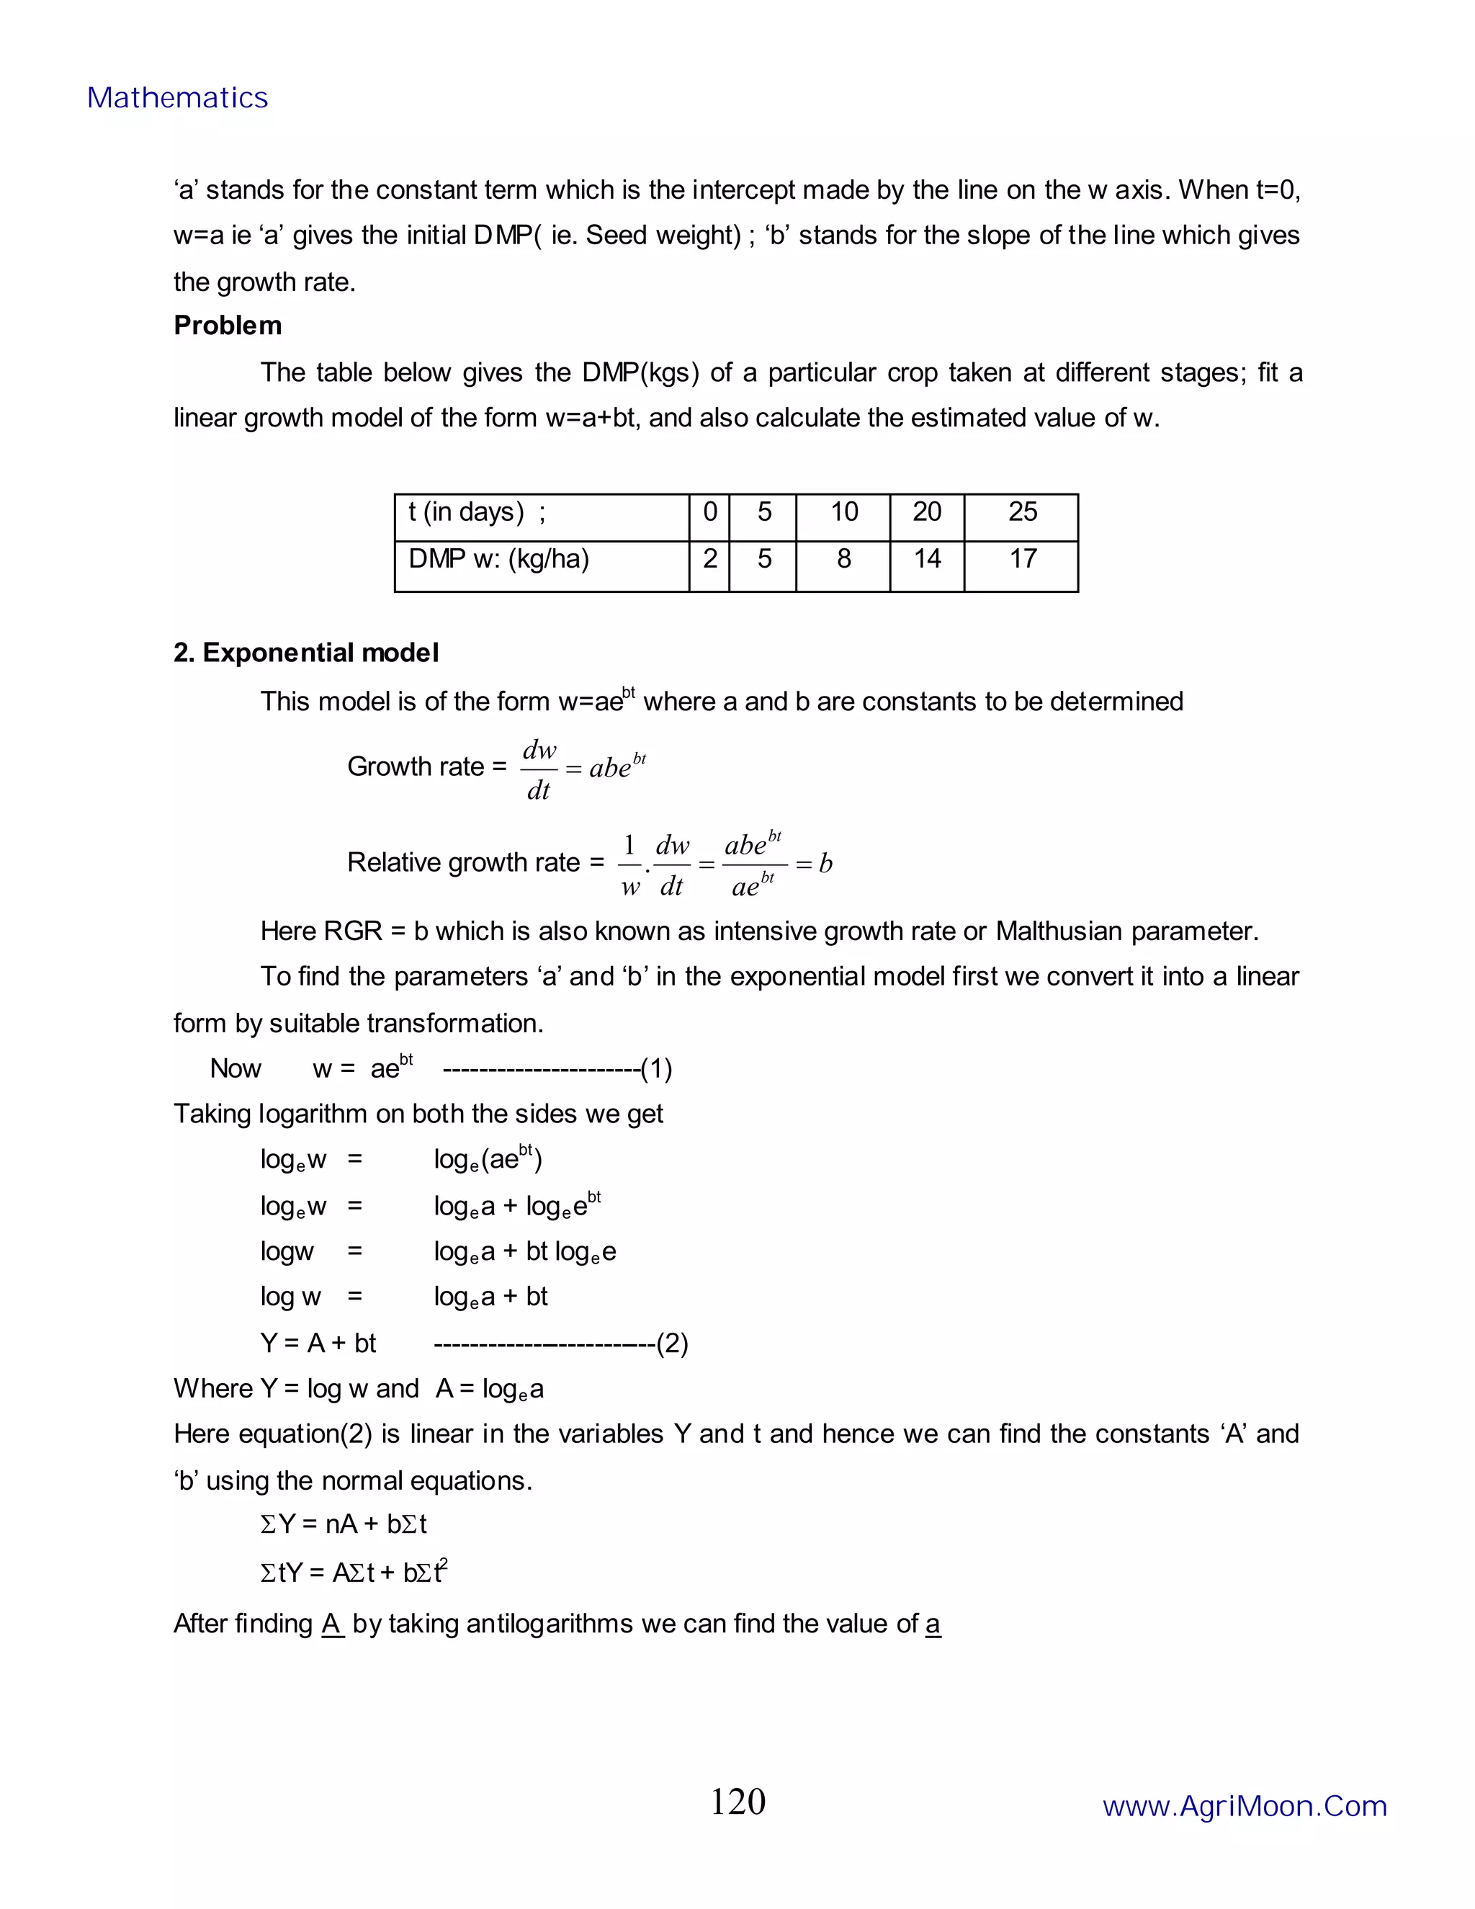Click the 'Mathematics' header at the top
[177, 98]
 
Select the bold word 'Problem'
[227, 325]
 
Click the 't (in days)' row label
[476, 512]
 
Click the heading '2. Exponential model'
[306, 653]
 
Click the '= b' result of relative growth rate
[815, 864]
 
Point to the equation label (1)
[656, 1069]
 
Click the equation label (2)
[672, 1344]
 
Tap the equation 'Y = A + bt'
[318, 1344]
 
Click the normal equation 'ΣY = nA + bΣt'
[344, 1524]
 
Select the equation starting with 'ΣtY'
[354, 1573]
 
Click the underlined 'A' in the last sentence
[332, 1624]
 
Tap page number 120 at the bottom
[737, 1802]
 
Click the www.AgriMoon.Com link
[1245, 1806]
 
